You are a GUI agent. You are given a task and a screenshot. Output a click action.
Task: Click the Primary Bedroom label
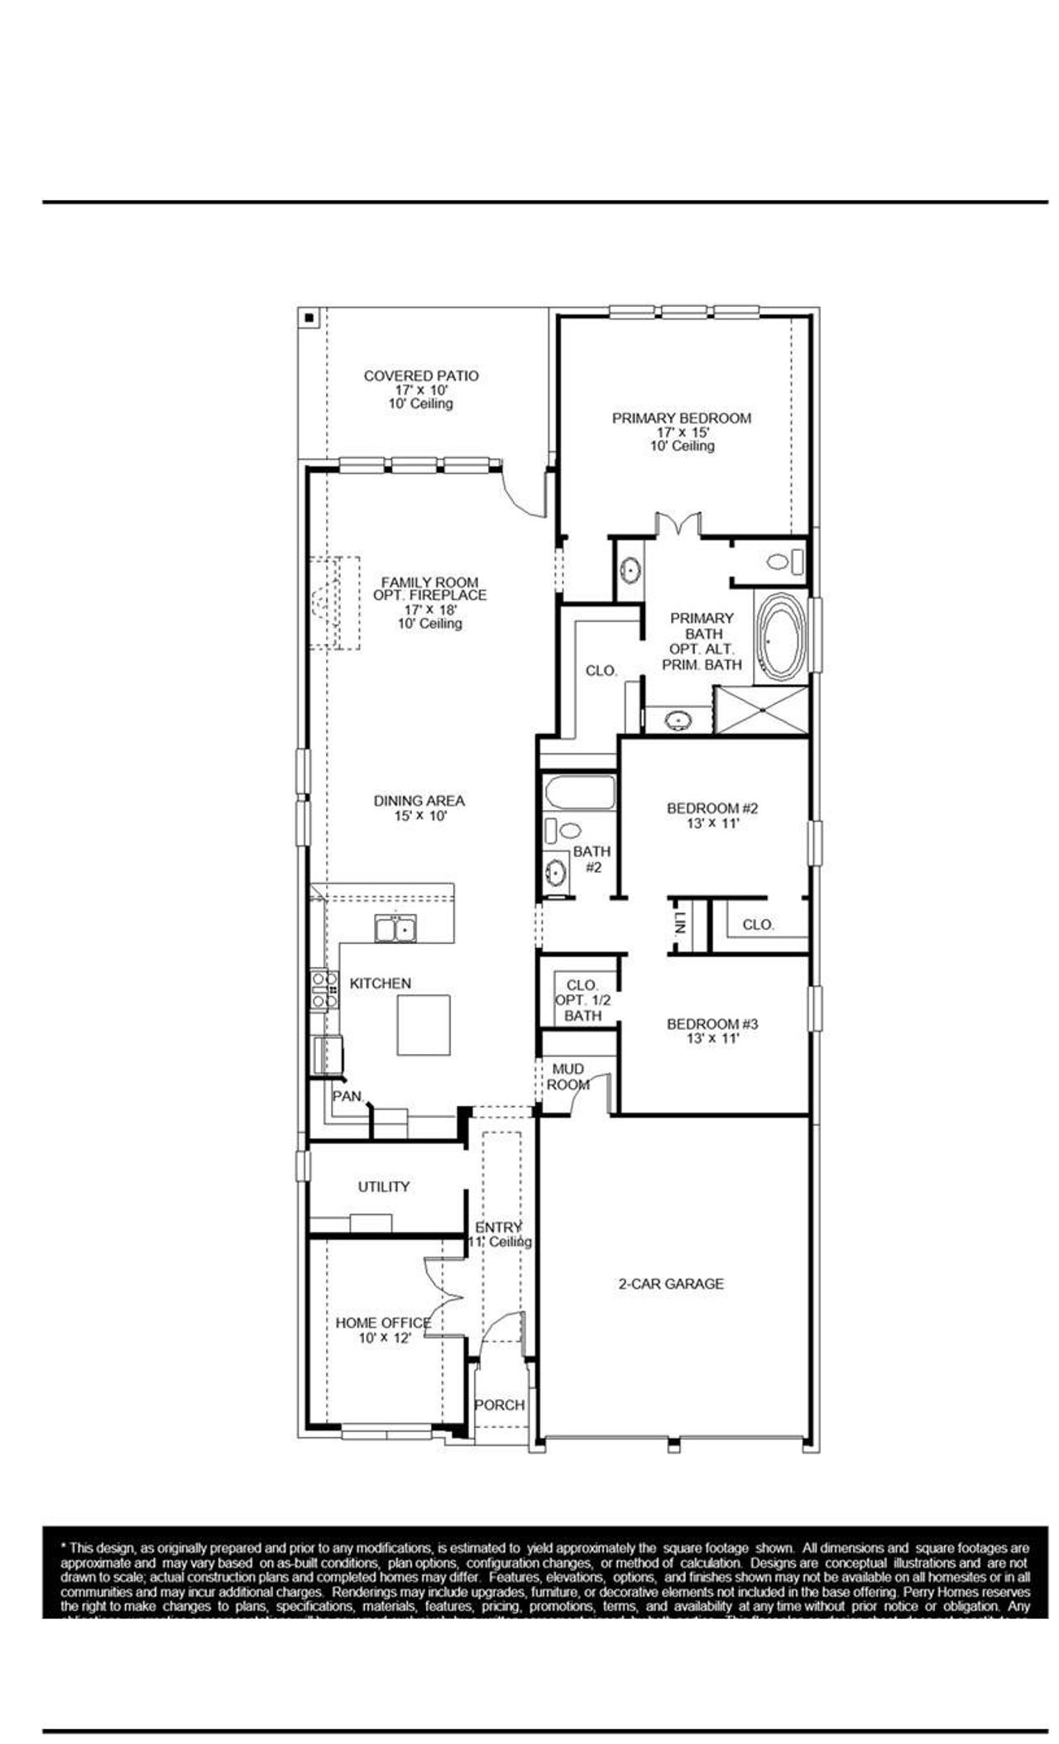[x=681, y=419]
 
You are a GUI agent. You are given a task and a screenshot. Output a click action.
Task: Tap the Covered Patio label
[x=420, y=376]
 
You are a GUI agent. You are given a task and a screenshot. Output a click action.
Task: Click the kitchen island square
[x=424, y=1024]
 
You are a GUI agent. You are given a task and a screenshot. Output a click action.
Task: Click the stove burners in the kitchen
[x=323, y=989]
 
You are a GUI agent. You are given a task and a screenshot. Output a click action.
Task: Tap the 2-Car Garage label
[x=670, y=1284]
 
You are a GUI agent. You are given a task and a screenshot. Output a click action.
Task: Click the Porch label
[x=499, y=1405]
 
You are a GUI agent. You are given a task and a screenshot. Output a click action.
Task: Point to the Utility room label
[x=383, y=1187]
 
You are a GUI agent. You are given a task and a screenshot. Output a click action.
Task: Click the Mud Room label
[x=568, y=1076]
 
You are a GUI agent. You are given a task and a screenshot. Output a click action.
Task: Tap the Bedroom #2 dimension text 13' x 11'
[x=712, y=823]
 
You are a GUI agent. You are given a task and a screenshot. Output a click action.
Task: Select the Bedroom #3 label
[x=712, y=1024]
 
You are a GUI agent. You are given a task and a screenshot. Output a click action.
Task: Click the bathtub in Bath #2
[x=580, y=793]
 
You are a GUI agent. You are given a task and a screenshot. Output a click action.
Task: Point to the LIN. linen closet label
[x=679, y=925]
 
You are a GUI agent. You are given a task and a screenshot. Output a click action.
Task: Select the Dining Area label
[x=419, y=801]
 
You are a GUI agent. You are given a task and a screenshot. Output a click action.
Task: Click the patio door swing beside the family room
[x=526, y=496]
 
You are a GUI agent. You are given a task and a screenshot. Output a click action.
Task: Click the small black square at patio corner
[x=309, y=317]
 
